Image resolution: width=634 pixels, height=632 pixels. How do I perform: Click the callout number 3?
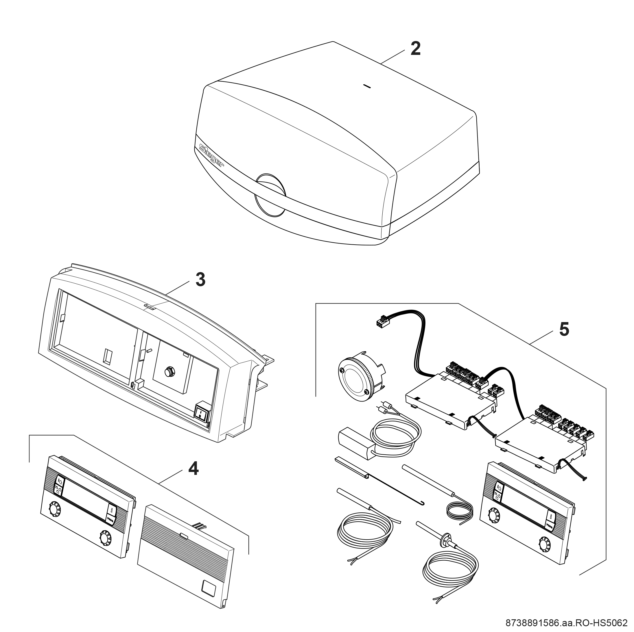200,280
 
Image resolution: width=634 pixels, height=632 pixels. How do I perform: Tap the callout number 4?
193,469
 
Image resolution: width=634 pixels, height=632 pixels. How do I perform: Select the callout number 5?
564,330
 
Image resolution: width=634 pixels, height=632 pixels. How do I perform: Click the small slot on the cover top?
367,87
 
